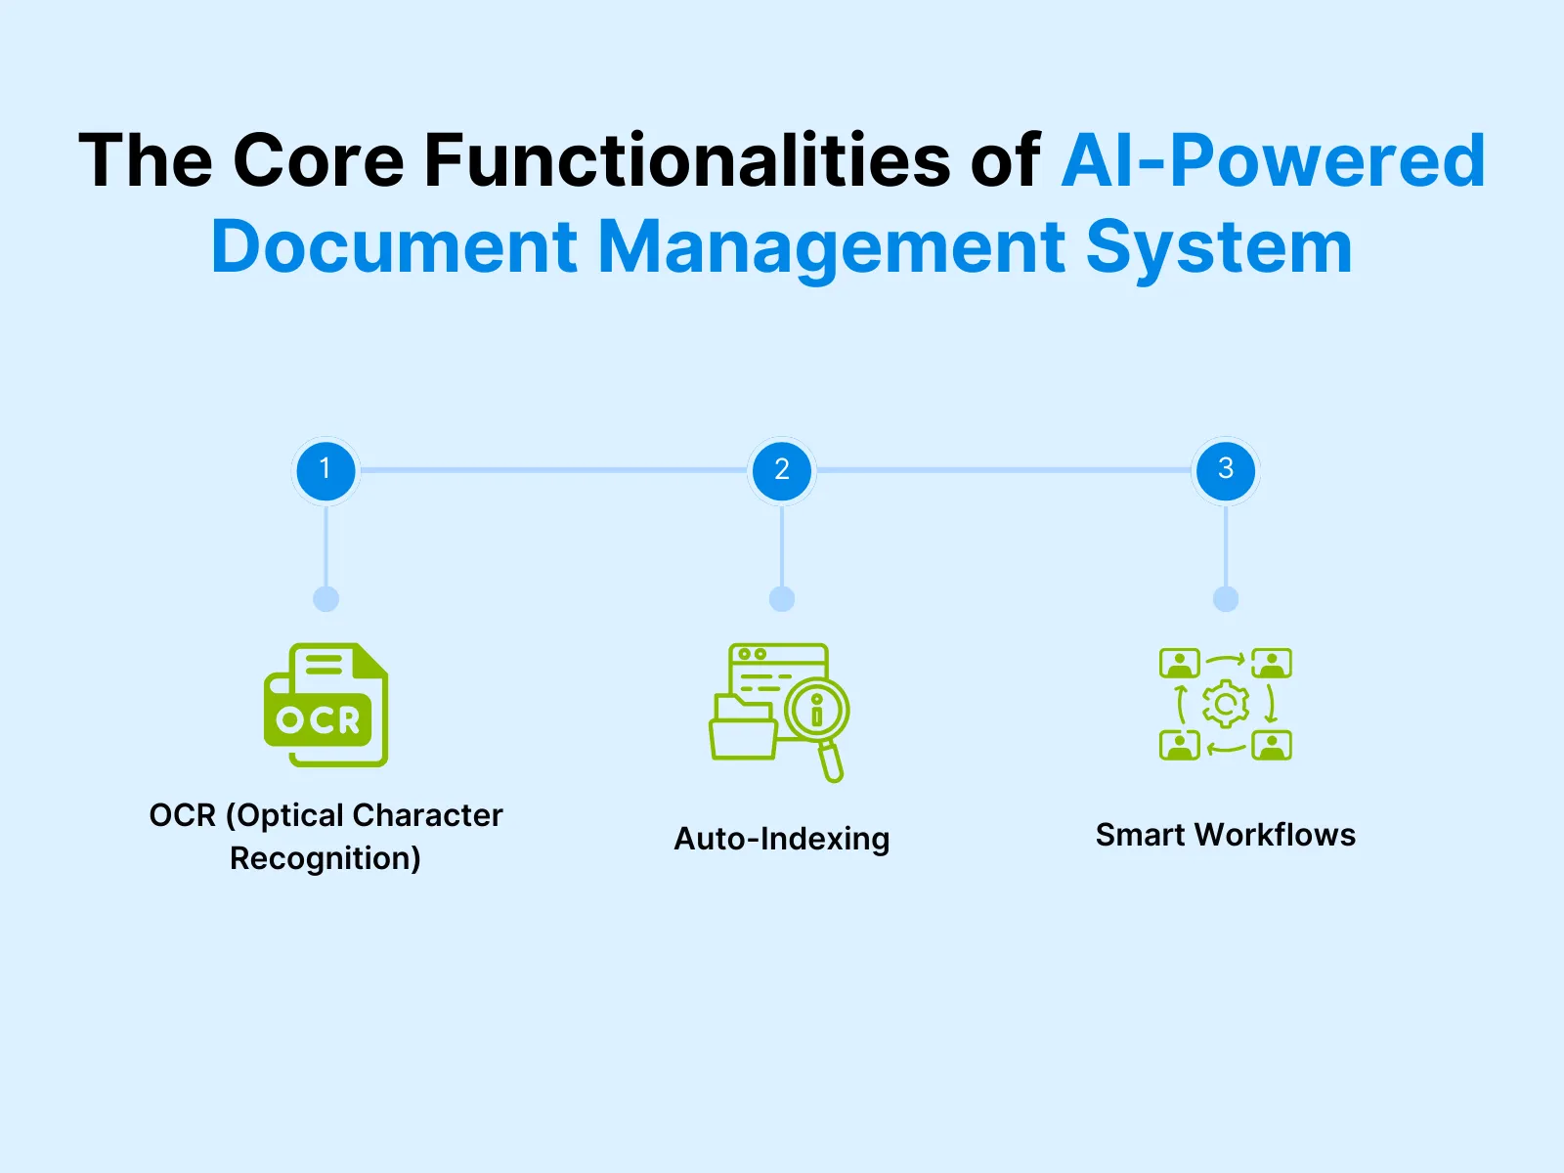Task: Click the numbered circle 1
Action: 326,470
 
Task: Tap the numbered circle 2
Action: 782,470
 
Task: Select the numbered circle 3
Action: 1226,470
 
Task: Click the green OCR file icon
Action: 326,705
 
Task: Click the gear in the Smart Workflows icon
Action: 1226,704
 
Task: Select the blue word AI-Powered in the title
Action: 1273,160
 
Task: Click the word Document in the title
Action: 395,246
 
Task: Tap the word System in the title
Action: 1219,246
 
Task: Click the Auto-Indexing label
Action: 782,839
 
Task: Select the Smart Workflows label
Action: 1226,835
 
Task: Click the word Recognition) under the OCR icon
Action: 326,858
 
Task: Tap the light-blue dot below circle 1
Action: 326,599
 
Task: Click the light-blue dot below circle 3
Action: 1226,599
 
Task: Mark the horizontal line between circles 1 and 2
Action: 553,470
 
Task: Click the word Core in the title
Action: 319,160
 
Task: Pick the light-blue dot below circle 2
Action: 782,599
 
